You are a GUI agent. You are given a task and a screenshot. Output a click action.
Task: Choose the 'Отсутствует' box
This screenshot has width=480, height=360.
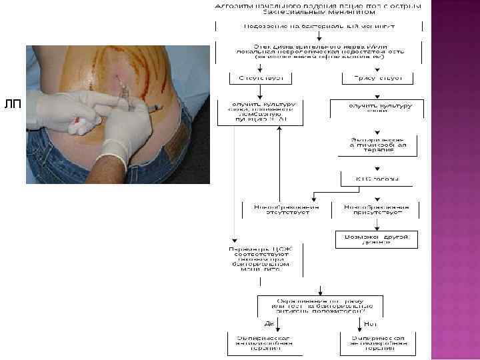coord(247,78)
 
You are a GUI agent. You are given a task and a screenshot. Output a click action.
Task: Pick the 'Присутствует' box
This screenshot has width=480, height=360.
coord(373,78)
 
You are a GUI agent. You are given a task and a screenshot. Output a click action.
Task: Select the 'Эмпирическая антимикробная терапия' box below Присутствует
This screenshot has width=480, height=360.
coord(373,145)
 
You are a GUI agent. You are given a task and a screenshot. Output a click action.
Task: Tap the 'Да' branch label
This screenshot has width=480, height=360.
coord(269,323)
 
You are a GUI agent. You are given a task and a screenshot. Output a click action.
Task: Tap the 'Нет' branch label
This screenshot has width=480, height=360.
coord(371,323)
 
